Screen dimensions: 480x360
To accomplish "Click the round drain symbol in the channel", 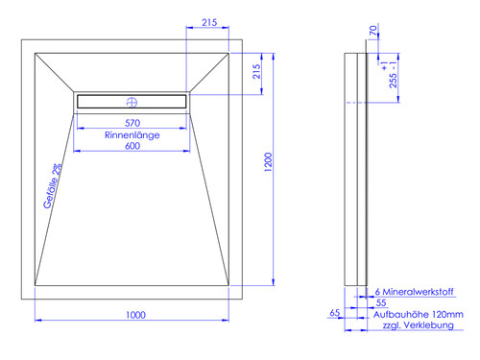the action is (132, 103).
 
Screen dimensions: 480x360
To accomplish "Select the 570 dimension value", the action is (132, 123).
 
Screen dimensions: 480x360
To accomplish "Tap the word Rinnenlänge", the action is (132, 135).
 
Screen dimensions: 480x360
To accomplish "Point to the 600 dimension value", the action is (132, 146).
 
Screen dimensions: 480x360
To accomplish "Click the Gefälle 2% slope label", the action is (53, 186).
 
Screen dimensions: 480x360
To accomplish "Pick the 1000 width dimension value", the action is (135, 315).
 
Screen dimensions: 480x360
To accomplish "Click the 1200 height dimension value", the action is (268, 162).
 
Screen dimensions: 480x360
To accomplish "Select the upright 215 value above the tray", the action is (209, 22).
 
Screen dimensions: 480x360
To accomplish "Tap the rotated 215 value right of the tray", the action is (256, 71).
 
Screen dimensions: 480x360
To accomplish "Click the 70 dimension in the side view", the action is (373, 31).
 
